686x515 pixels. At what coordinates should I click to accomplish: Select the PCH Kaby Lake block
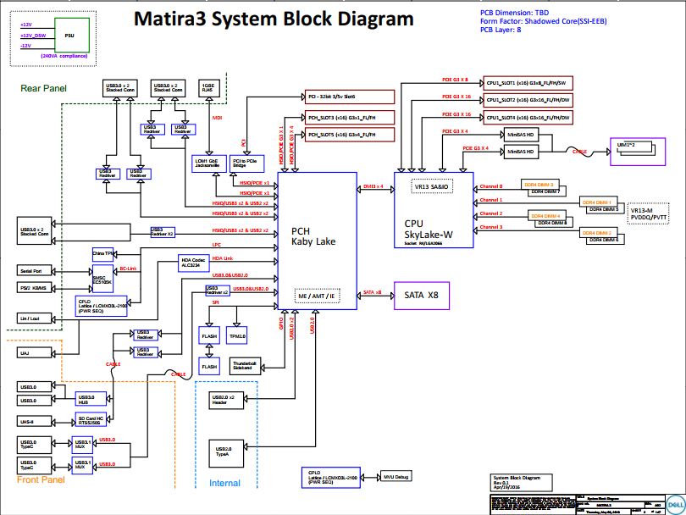click(313, 236)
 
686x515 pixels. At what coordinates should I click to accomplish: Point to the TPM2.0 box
click(237, 336)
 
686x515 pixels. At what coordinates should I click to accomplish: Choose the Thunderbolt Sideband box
click(246, 365)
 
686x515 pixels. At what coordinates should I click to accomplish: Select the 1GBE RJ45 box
click(207, 87)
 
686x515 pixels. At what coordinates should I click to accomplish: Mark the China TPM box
click(103, 253)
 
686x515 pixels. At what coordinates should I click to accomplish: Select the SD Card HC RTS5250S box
click(92, 420)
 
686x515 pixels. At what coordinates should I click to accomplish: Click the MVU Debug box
click(396, 477)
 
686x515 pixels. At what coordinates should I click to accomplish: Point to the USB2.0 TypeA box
click(224, 451)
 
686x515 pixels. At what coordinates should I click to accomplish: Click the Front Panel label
click(41, 480)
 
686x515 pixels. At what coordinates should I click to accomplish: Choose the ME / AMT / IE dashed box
click(316, 296)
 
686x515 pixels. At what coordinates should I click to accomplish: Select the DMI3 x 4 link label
click(373, 186)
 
